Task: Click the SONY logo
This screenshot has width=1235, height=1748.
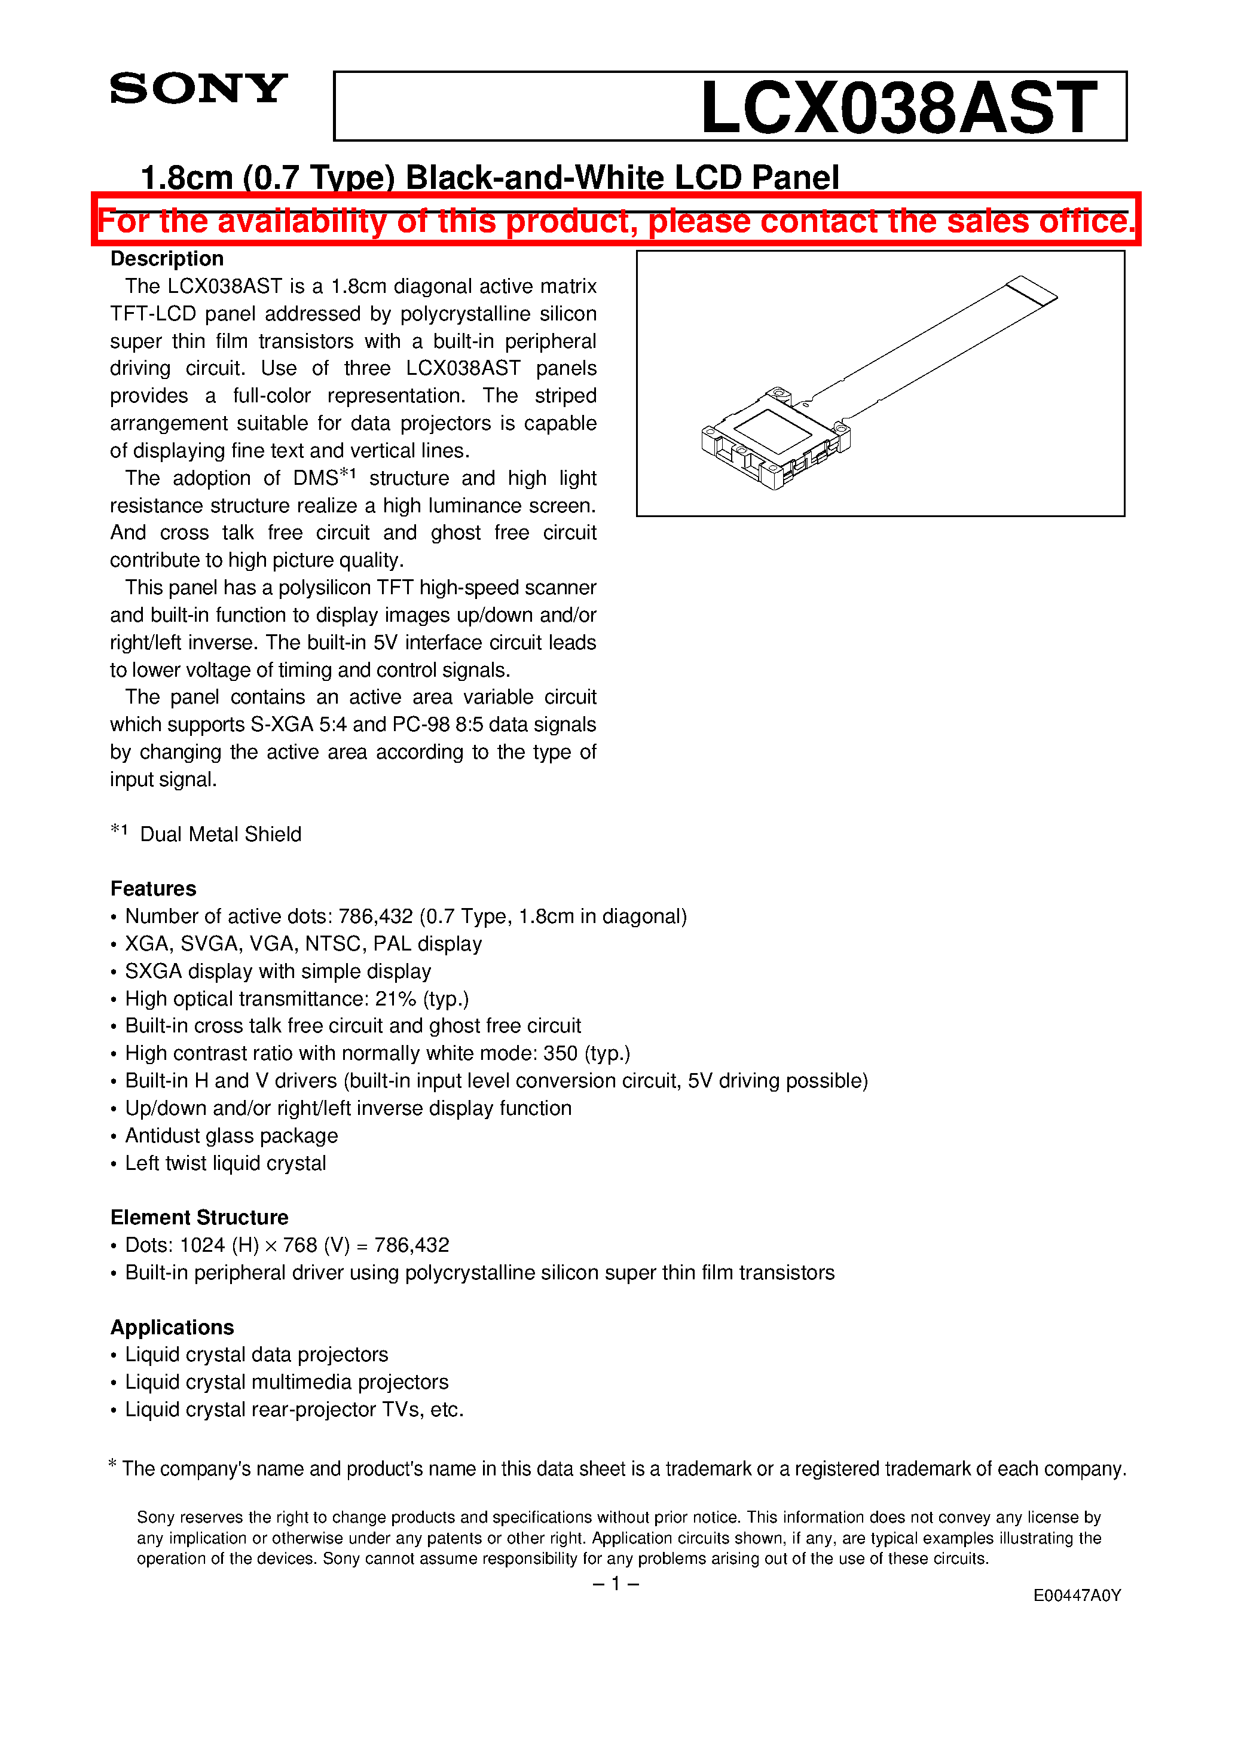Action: (x=198, y=89)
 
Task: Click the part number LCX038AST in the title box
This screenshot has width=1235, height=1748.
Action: (x=898, y=108)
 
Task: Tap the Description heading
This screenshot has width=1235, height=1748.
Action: (x=167, y=259)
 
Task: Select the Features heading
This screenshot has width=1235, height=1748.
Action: (x=153, y=888)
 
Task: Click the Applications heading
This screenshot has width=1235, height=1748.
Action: (x=172, y=1327)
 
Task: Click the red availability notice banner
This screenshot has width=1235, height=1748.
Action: (x=615, y=221)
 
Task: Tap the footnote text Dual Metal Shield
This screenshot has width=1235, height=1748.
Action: (x=220, y=835)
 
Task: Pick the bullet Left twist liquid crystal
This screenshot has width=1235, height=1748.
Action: (x=225, y=1163)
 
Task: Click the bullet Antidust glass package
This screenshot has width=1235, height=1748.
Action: (x=231, y=1136)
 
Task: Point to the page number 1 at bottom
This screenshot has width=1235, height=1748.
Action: (x=615, y=1584)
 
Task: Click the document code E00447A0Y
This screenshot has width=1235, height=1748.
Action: (x=1077, y=1596)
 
